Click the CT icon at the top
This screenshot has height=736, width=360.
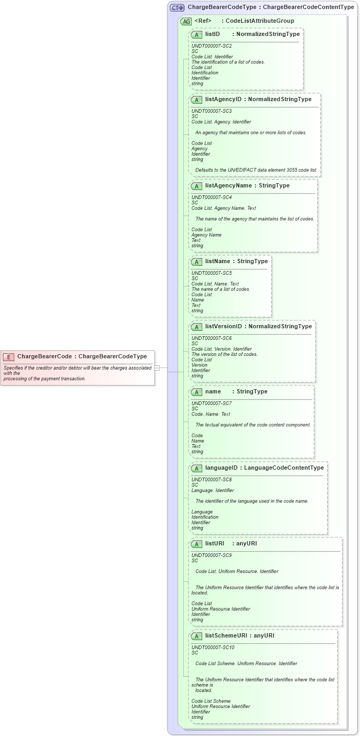(177, 7)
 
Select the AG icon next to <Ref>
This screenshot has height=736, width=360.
(186, 22)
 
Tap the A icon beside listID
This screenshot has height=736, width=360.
(196, 34)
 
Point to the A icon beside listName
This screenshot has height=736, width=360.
(196, 262)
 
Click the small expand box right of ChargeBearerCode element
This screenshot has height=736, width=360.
(157, 368)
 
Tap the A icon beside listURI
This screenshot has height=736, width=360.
(196, 544)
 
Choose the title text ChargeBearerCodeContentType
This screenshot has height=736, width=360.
(309, 7)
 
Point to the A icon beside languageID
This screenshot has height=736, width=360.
(196, 468)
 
